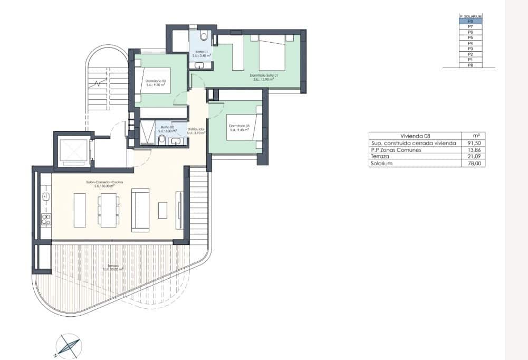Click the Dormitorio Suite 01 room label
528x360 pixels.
pos(264,75)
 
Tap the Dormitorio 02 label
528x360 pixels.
pos(156,81)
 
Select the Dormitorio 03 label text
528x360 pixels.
pos(238,126)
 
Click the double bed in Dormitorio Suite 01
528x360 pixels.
pos(272,53)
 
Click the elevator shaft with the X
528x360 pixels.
pos(73,151)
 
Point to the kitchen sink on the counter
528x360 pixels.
pos(46,196)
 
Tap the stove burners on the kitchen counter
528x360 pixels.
pos(46,219)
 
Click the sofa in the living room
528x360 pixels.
pos(140,210)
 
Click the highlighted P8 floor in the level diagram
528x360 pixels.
pos(471,22)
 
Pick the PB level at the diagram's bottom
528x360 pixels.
pos(471,65)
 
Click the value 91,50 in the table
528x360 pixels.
pos(474,143)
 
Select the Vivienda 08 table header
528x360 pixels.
pos(415,136)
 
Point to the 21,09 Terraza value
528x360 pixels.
pos(474,157)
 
